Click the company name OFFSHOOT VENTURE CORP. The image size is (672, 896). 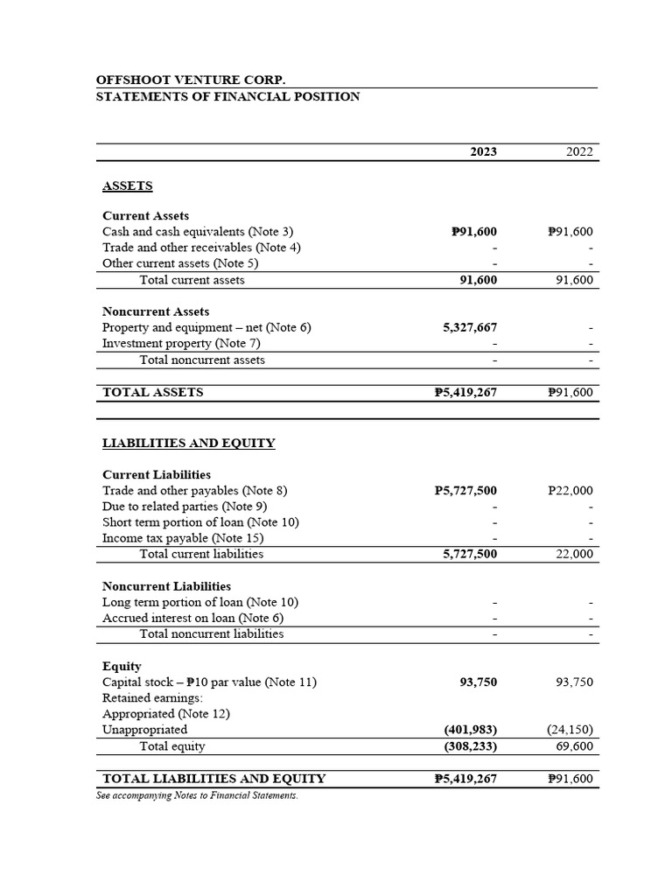click(191, 80)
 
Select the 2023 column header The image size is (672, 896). click(483, 151)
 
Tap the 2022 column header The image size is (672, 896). click(579, 151)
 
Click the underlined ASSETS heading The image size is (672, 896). click(128, 185)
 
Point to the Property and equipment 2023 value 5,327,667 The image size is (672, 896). click(470, 327)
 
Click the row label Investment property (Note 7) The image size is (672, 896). click(181, 343)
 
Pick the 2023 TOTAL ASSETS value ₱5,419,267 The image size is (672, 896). click(465, 392)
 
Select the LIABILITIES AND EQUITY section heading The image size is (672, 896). click(189, 443)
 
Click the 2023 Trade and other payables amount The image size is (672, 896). click(465, 491)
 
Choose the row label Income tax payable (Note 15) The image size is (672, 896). click(183, 538)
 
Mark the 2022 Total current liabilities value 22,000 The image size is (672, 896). click(574, 554)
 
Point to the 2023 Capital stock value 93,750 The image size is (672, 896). click(478, 682)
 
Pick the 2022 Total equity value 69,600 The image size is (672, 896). click(574, 746)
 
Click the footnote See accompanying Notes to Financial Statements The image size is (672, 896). click(197, 795)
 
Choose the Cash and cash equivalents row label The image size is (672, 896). click(198, 232)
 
